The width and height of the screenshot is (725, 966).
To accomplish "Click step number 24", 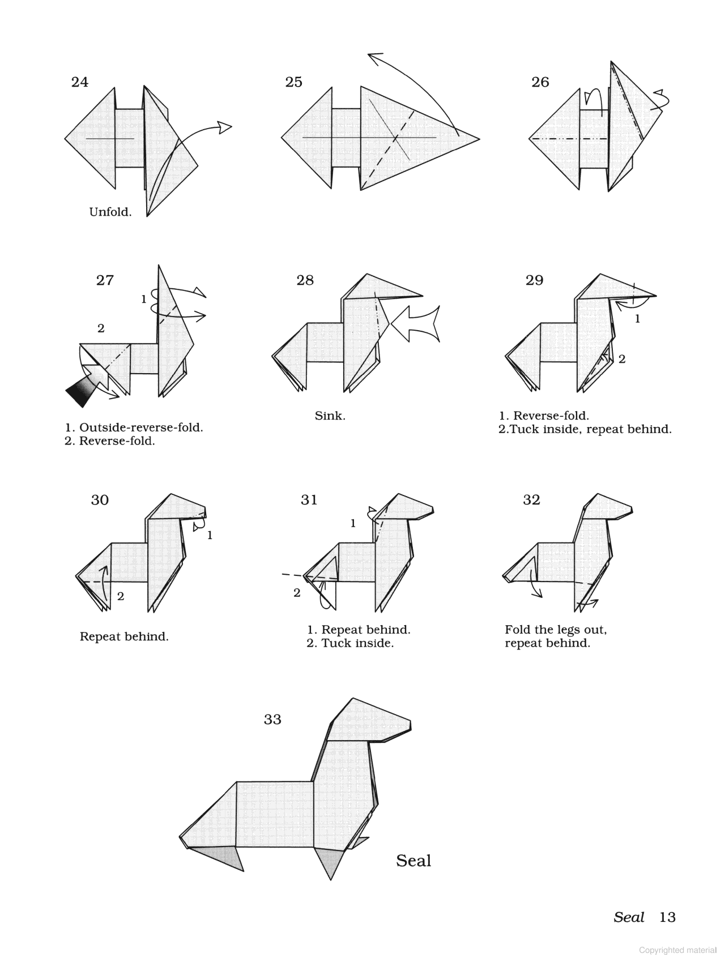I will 80,82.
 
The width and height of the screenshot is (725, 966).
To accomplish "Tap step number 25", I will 293,82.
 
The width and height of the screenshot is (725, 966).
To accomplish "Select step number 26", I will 540,82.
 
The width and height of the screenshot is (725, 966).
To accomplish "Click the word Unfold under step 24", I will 110,212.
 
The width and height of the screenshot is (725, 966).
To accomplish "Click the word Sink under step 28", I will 330,416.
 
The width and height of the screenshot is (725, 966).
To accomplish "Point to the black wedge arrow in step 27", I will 80,392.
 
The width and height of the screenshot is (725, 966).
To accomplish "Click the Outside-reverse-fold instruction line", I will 134,428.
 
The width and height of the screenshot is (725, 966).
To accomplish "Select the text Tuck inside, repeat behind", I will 589,429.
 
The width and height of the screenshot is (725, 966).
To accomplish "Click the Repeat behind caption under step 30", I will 124,636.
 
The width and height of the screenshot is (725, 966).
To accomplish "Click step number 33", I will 272,720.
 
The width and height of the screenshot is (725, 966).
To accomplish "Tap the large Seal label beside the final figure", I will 413,861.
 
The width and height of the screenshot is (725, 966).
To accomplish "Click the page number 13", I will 667,917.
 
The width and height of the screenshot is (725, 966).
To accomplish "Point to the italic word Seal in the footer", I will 629,917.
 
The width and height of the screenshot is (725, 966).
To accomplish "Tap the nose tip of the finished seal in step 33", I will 409,725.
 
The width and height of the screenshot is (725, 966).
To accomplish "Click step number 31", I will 309,500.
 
